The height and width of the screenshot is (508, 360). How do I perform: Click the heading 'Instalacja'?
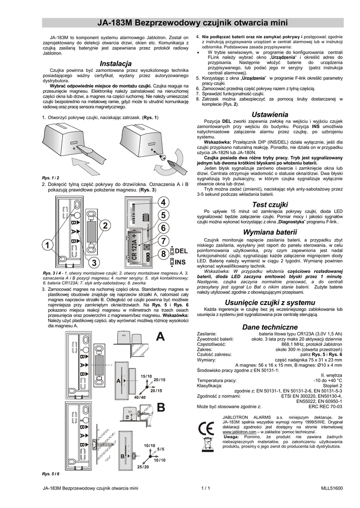pyautogui.click(x=115, y=64)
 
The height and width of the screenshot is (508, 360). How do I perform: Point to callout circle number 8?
pyautogui.click(x=162, y=254)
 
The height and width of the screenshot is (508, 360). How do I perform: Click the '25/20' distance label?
pyautogui.click(x=143, y=467)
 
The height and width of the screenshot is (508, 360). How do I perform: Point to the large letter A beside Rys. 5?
pyautogui.click(x=160, y=337)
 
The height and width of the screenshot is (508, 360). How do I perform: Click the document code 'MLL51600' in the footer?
pyautogui.click(x=331, y=489)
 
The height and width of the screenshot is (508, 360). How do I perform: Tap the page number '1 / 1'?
pyautogui.click(x=206, y=489)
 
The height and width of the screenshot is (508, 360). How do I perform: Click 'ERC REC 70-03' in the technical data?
pyautogui.click(x=325, y=406)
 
